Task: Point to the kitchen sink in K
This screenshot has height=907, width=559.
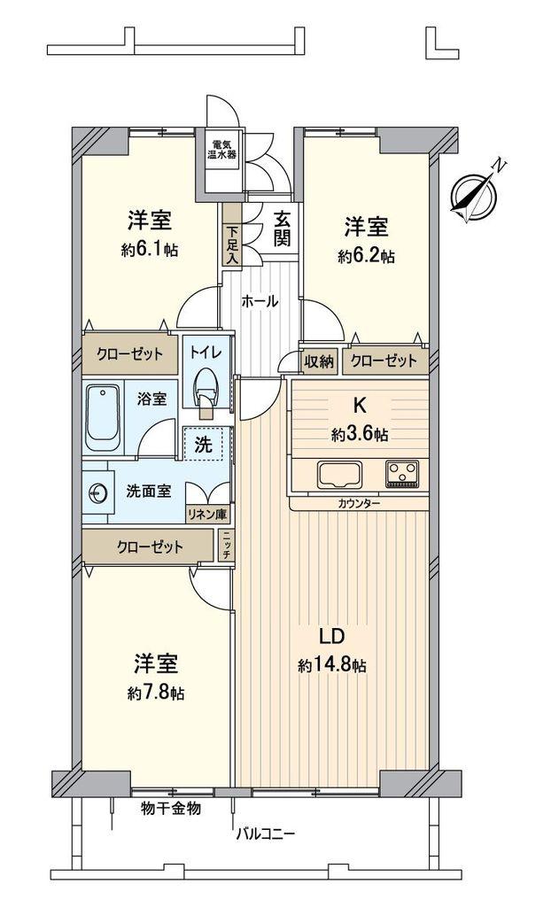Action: [339, 476]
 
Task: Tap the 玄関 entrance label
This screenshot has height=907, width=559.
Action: [282, 229]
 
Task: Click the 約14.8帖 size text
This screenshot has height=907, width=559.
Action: [332, 666]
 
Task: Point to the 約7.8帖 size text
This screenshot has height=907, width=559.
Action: [156, 693]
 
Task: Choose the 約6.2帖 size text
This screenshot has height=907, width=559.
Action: [366, 256]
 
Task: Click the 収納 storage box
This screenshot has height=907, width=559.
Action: [319, 362]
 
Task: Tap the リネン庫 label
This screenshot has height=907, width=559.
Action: [207, 514]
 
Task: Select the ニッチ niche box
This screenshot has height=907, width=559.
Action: [226, 546]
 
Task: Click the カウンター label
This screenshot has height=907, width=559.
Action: [360, 504]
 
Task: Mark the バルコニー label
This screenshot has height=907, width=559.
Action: [266, 834]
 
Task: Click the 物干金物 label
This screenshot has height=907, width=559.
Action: [171, 808]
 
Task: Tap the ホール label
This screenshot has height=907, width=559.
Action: [260, 301]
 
